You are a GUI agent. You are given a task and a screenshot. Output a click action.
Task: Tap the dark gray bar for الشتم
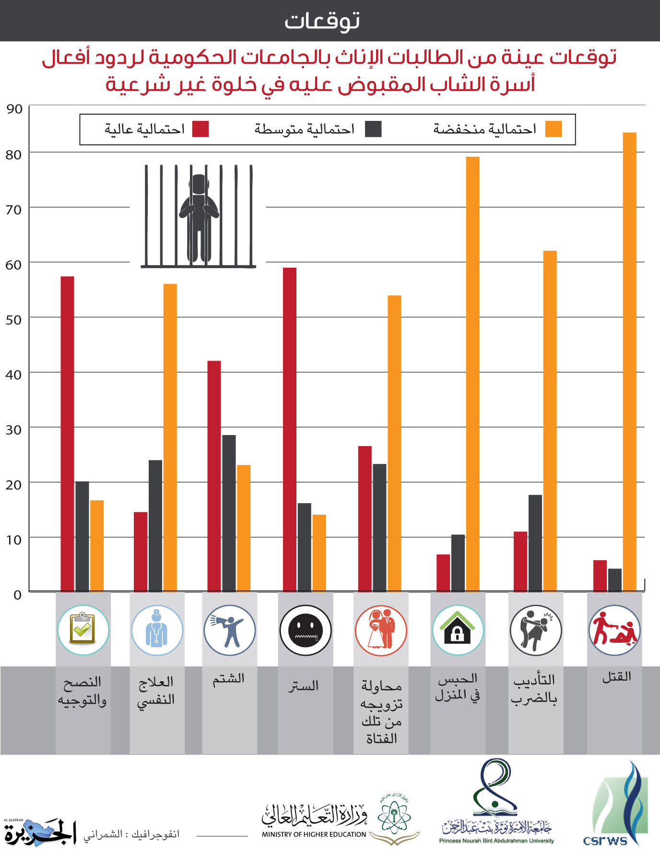coord(229,513)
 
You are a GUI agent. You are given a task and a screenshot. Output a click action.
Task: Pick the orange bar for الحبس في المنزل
coord(472,374)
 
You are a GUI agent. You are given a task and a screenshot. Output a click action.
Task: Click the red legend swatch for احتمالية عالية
coord(200,129)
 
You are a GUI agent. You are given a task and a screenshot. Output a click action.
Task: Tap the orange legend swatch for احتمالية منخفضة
coord(554,129)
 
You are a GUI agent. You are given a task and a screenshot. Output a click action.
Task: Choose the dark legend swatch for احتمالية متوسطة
coord(373,129)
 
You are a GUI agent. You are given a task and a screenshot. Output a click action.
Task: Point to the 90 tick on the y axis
coord(14,109)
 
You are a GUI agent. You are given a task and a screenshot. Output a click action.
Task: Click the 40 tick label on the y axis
coord(14,375)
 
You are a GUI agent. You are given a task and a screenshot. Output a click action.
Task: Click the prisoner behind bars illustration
coord(199,216)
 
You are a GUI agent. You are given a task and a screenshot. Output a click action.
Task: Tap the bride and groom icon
coord(381,630)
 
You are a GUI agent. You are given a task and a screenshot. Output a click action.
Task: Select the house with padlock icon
coord(458,630)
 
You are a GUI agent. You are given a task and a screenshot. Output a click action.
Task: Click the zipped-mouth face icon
coord(305,630)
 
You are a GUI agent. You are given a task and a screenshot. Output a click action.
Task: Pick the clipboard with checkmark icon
coord(83,630)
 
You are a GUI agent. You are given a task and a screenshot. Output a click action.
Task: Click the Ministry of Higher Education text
coord(314,834)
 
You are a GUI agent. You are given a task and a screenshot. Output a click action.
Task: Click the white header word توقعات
coord(322,21)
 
